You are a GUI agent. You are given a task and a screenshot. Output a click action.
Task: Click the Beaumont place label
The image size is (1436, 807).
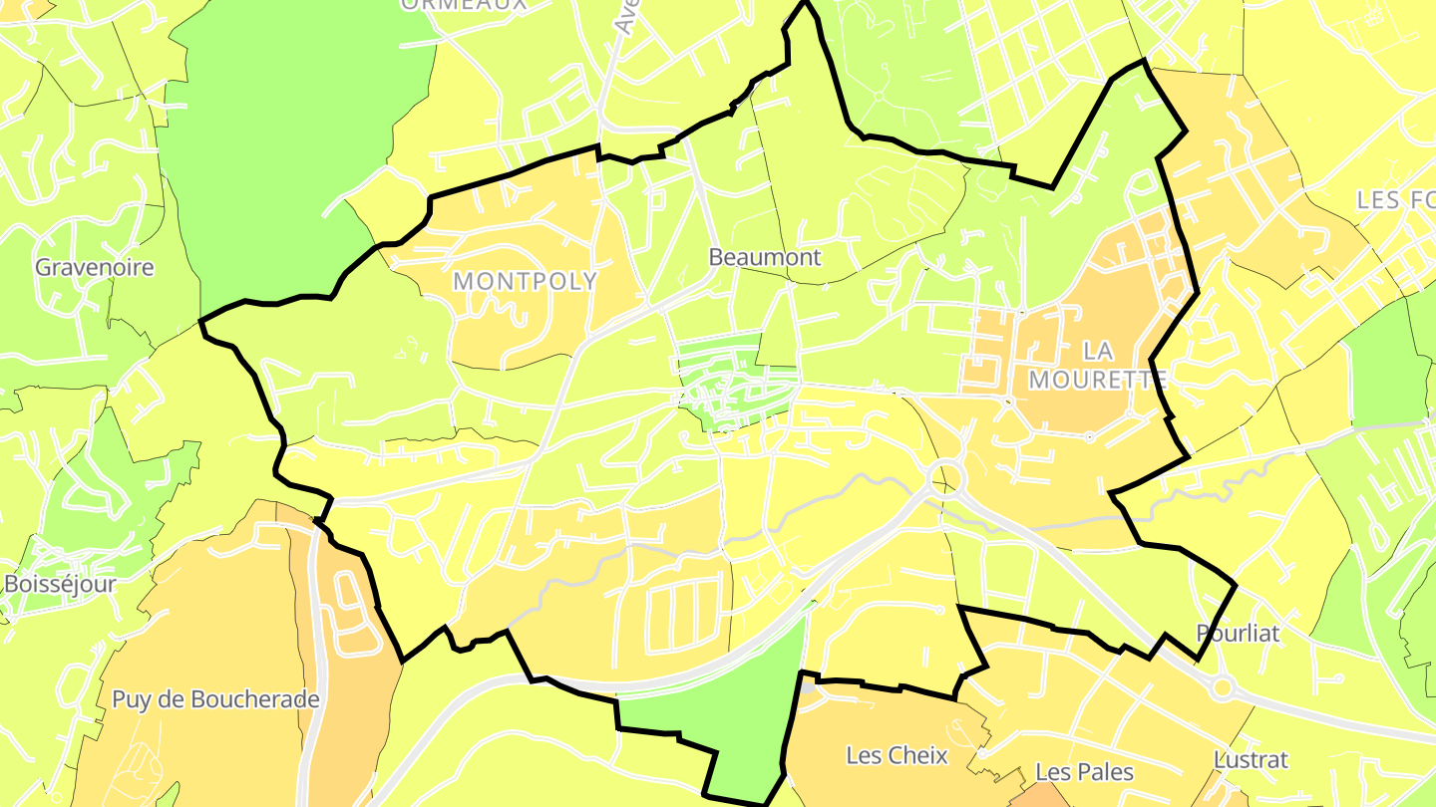pyautogui.click(x=765, y=257)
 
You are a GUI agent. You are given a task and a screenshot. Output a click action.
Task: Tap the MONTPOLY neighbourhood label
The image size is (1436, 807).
pyautogui.click(x=526, y=282)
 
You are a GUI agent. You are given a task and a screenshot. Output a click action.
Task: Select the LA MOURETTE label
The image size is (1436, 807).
pyautogui.click(x=1098, y=365)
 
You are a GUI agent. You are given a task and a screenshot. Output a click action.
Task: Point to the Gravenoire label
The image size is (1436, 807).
pyautogui.click(x=95, y=267)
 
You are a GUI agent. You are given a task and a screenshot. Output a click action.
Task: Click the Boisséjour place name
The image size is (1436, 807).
pyautogui.click(x=60, y=584)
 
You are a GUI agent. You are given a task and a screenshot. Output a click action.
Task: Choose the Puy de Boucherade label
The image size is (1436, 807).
pyautogui.click(x=215, y=699)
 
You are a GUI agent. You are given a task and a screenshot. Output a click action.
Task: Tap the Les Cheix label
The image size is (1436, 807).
pyautogui.click(x=897, y=755)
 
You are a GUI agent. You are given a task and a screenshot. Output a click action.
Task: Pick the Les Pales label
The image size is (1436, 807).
pyautogui.click(x=1085, y=772)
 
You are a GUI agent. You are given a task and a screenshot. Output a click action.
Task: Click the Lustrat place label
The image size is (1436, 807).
pyautogui.click(x=1251, y=760)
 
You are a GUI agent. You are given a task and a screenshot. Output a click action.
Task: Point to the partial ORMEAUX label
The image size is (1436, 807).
pyautogui.click(x=463, y=4)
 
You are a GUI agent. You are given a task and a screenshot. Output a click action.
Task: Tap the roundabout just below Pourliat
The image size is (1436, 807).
pyautogui.click(x=1223, y=686)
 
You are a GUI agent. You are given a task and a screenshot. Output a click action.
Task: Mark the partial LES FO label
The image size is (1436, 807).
pyautogui.click(x=1395, y=200)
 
